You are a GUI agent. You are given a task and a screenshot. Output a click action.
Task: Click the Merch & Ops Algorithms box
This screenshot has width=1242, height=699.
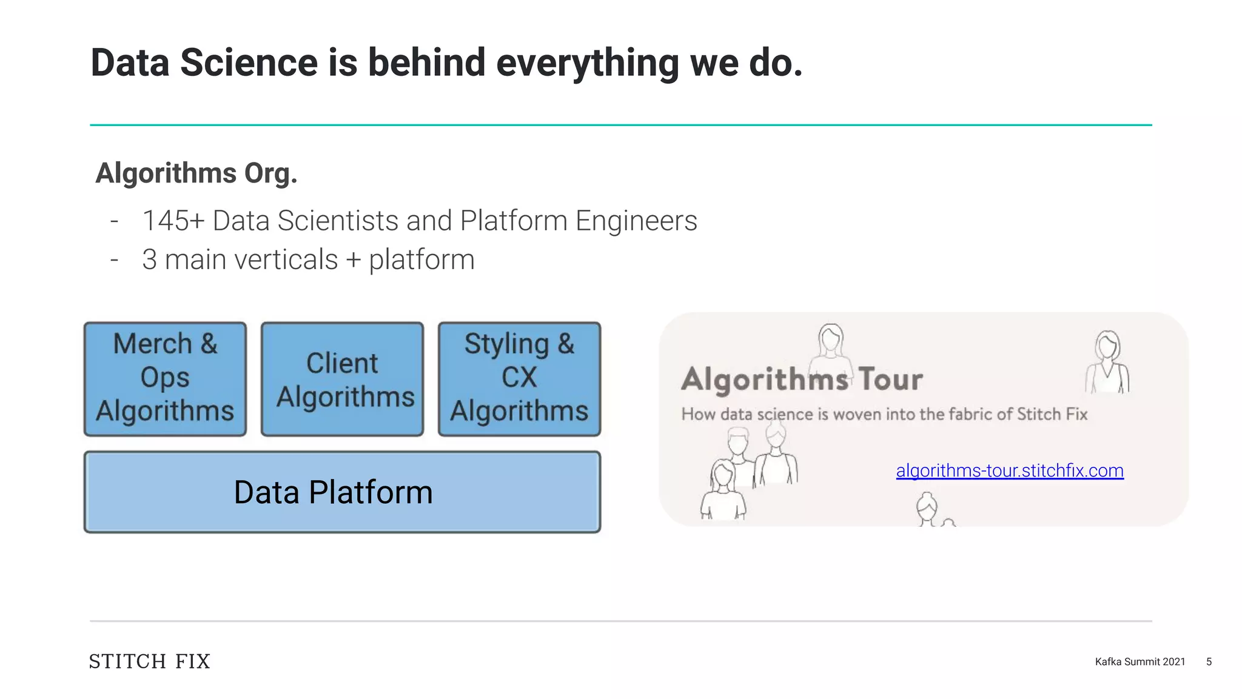point(165,378)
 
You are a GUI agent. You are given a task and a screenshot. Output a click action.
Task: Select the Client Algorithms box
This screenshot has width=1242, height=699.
point(342,378)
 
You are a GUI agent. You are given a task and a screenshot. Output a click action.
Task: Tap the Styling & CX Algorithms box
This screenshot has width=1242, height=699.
point(519,378)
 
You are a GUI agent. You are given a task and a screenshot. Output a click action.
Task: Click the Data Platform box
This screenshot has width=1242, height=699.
point(342,492)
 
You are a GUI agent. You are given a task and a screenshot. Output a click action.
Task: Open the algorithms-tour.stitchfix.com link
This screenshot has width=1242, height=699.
point(1010,470)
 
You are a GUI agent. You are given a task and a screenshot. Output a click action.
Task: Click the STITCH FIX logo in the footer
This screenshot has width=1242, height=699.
point(149,661)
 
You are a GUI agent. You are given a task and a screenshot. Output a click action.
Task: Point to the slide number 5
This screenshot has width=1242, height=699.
point(1209,661)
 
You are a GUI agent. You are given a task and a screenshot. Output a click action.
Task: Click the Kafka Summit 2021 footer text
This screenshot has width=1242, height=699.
point(1140,661)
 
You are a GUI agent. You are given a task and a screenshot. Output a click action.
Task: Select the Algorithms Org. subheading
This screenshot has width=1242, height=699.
point(196,173)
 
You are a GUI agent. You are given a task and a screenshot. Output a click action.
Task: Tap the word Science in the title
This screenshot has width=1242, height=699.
point(249,63)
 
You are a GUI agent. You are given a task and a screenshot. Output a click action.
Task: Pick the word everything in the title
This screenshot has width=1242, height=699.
point(587,63)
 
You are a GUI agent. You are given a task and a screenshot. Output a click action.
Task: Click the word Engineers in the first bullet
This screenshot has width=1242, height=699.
point(636,221)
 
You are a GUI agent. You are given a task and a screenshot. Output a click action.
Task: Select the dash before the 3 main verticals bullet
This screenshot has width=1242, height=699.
point(114,259)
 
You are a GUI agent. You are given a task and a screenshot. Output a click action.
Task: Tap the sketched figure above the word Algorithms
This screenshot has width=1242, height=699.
point(831,346)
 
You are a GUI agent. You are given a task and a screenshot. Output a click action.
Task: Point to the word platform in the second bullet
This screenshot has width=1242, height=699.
point(421,259)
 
